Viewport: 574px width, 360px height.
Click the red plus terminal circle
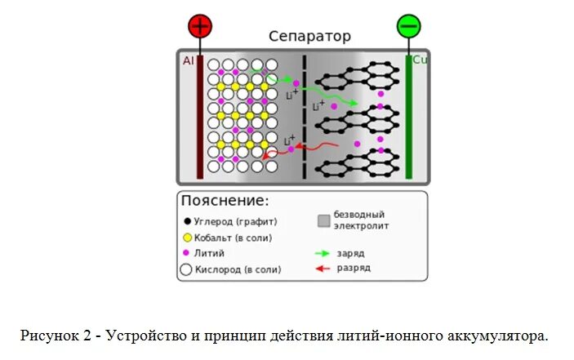(x=199, y=27)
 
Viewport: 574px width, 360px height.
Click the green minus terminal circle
(x=409, y=26)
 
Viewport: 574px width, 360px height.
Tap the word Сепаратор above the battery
(x=310, y=37)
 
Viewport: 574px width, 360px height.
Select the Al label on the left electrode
(x=188, y=60)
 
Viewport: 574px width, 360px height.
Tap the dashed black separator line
(x=305, y=114)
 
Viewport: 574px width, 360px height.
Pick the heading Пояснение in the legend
(x=225, y=201)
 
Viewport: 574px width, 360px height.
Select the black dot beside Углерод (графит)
(x=187, y=221)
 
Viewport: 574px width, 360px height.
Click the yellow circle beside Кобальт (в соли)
(x=187, y=238)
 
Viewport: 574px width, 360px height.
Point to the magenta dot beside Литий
(x=187, y=253)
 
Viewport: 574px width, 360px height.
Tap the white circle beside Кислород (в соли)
(x=187, y=269)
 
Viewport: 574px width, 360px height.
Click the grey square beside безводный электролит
(x=323, y=220)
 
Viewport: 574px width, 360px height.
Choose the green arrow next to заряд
(x=323, y=253)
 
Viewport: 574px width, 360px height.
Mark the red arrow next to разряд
(x=323, y=268)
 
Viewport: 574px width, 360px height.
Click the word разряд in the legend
(x=354, y=268)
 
